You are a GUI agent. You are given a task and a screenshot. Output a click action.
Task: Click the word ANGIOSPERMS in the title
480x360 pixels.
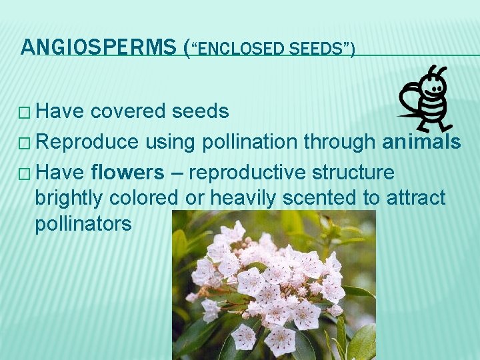click(x=99, y=47)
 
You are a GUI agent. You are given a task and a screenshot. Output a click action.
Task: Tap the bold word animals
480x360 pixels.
click(x=421, y=142)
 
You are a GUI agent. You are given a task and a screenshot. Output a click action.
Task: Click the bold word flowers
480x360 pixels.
click(x=127, y=173)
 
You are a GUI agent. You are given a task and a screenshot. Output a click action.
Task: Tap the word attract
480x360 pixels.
click(x=414, y=198)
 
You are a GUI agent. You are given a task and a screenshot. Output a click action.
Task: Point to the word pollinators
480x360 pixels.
click(x=83, y=224)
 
